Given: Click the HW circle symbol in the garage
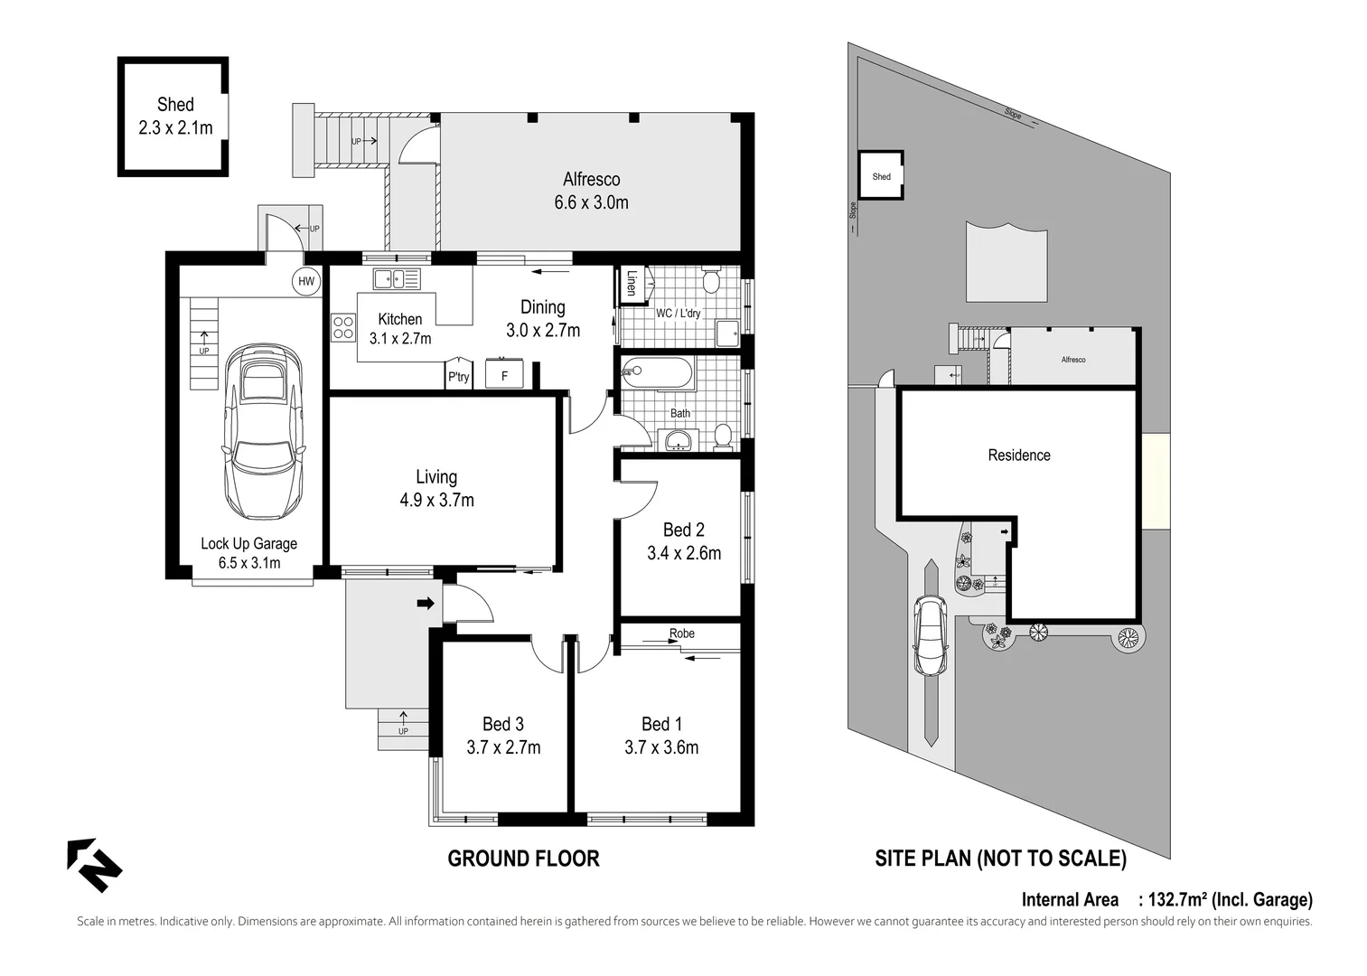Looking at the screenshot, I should (x=307, y=282).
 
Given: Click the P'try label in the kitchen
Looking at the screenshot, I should (x=458, y=377).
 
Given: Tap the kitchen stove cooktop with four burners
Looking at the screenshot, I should (x=343, y=326).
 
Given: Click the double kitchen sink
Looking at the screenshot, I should (x=397, y=278).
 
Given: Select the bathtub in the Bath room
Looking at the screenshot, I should (x=657, y=372).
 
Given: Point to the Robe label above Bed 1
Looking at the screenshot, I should (x=682, y=633).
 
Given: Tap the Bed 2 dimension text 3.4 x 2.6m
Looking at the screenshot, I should (x=684, y=552).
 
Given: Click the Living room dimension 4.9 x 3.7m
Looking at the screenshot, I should (x=436, y=499).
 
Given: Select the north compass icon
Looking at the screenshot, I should (x=93, y=865).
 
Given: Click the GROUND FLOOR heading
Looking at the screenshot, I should (x=523, y=859).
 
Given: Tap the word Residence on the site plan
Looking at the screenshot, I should (x=1018, y=455).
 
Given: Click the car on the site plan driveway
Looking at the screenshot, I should (x=930, y=636).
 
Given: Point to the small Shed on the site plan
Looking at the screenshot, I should (x=881, y=176).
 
